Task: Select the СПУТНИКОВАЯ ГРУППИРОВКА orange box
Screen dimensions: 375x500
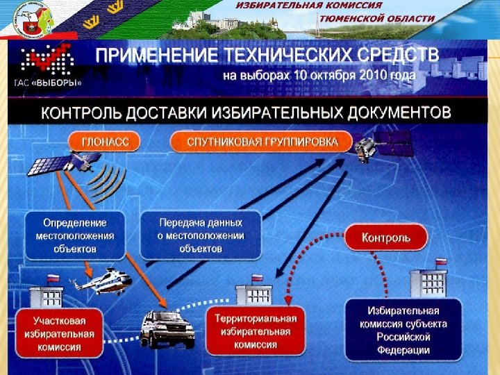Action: [262, 142]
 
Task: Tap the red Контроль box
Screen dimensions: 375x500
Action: [386, 238]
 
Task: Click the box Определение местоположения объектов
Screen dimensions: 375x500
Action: [75, 235]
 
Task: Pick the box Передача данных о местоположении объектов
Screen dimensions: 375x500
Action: [201, 235]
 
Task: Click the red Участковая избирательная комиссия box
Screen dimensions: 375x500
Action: [60, 333]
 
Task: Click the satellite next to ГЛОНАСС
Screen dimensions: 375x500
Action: [68, 161]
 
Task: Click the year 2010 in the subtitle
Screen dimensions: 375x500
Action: [372, 74]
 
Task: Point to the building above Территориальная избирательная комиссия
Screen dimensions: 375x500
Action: [253, 292]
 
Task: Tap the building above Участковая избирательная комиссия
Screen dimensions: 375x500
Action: [46, 292]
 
